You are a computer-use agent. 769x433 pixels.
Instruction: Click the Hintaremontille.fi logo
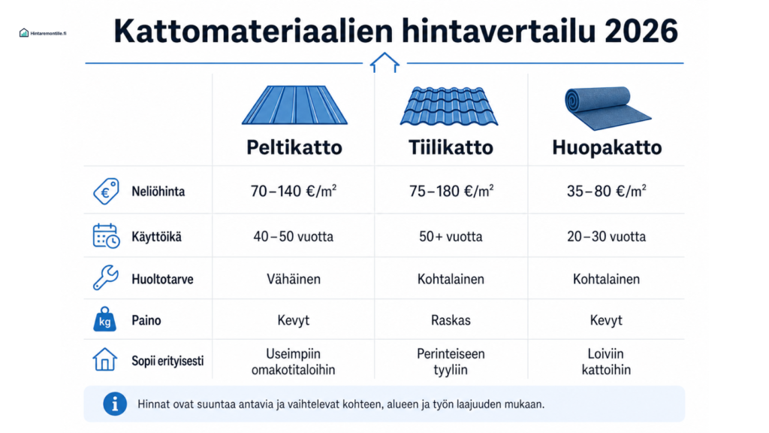[43, 33]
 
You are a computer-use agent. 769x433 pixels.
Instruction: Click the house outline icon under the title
[384, 62]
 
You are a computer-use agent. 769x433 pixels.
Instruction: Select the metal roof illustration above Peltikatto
[294, 105]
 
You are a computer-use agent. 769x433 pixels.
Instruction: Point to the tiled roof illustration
[449, 106]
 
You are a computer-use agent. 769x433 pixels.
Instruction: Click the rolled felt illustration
[608, 108]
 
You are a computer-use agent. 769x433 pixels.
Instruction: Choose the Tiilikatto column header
[451, 147]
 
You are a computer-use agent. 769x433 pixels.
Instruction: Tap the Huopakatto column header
[607, 148]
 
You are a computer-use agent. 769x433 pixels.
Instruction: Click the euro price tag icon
[106, 191]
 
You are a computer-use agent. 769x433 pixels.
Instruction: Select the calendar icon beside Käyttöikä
[106, 236]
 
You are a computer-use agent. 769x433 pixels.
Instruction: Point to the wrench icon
[105, 278]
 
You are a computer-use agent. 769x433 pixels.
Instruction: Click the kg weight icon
[104, 319]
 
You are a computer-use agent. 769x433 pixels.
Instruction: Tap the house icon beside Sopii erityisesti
[105, 359]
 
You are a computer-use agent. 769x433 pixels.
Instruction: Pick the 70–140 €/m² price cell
[294, 190]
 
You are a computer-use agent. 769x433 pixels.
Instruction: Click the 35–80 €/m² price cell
[606, 190]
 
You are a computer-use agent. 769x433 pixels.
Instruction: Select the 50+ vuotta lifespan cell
[451, 237]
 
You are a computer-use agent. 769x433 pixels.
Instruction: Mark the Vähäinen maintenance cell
[294, 279]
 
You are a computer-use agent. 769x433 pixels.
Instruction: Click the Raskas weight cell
[451, 320]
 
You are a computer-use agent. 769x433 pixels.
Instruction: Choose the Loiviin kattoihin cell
[606, 362]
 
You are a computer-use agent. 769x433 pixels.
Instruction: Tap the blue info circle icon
[115, 404]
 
